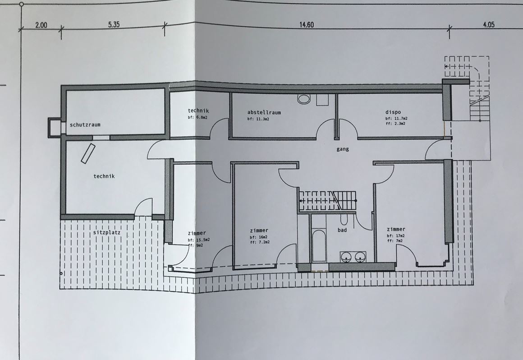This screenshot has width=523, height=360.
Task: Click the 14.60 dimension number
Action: [306, 25]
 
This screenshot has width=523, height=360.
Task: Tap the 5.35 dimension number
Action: [114, 24]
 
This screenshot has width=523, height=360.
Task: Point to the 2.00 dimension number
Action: [41, 25]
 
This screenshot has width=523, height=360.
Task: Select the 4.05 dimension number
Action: [489, 24]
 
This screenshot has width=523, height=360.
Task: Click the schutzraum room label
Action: [85, 125]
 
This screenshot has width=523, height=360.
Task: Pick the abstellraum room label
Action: [264, 112]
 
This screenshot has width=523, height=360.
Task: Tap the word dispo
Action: [393, 112]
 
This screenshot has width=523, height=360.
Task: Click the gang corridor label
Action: [343, 149]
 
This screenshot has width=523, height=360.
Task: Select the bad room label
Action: [342, 230]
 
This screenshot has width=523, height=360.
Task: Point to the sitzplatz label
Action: [107, 232]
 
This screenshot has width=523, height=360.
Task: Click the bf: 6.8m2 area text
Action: [197, 117]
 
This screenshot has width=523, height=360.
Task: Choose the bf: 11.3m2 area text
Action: [258, 119]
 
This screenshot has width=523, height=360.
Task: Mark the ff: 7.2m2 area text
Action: [260, 242]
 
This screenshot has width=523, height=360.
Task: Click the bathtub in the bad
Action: [319, 245]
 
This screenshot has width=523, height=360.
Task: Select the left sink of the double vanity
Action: [347, 257]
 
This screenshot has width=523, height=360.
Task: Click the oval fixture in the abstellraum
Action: [304, 98]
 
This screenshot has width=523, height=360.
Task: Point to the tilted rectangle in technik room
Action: [88, 153]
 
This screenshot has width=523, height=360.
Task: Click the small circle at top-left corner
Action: [22, 5]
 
